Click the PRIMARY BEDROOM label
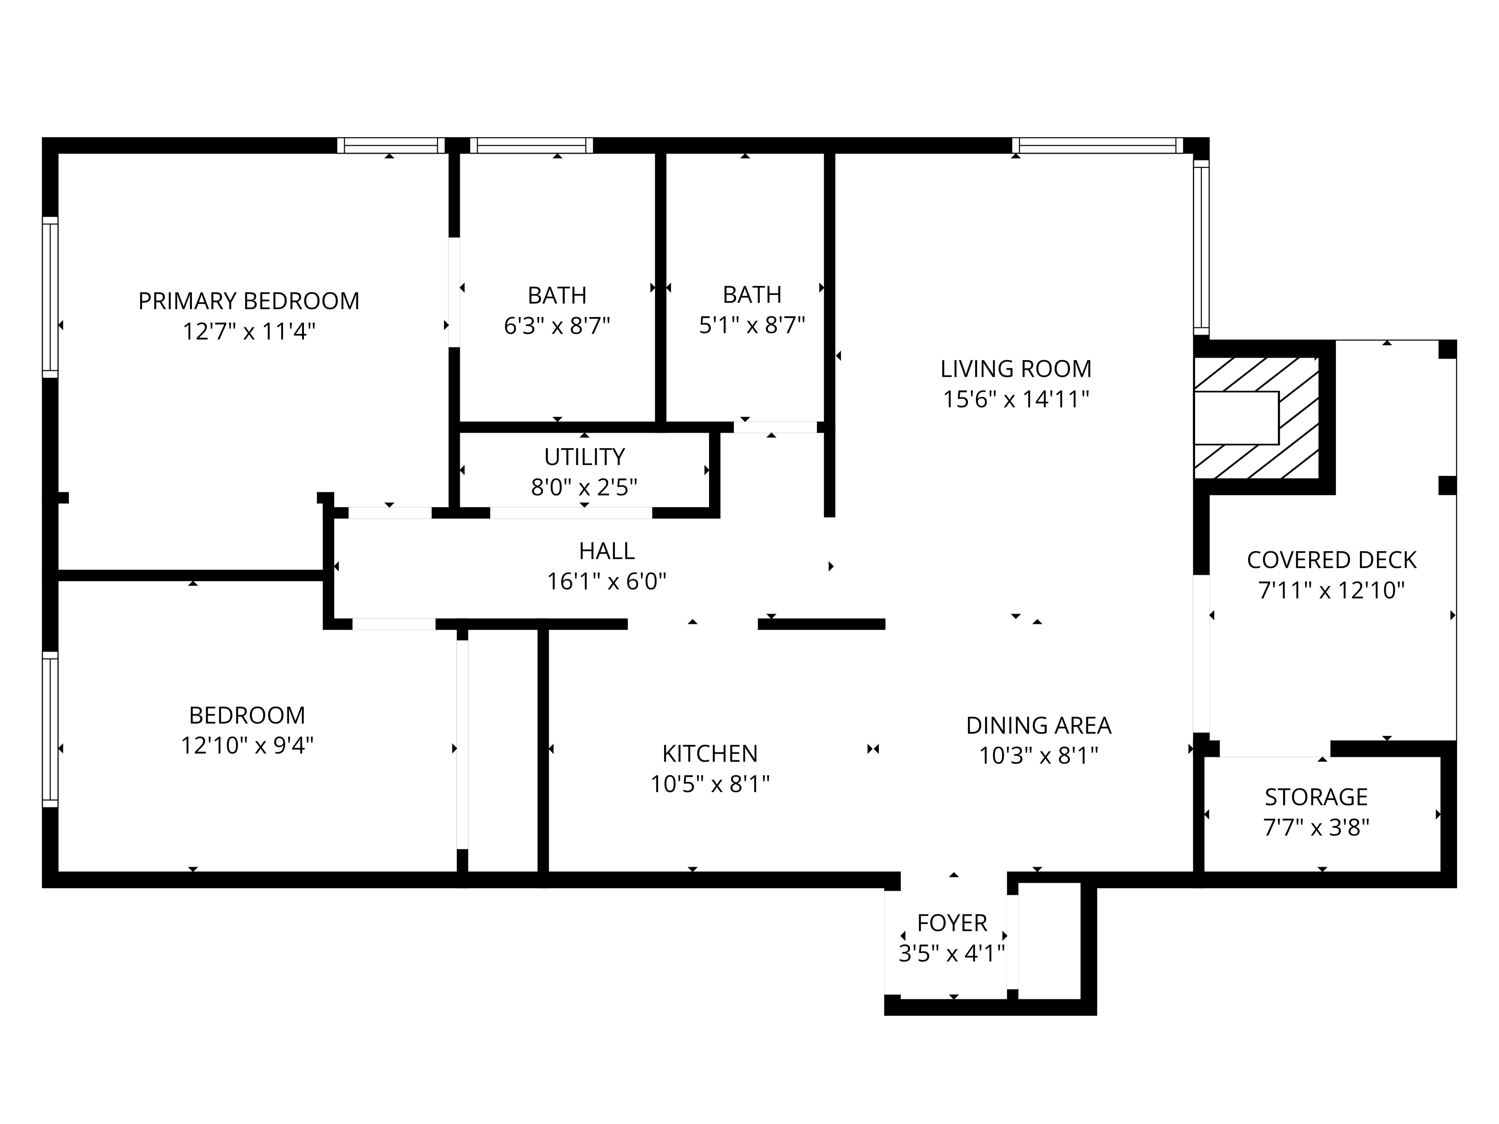(249, 301)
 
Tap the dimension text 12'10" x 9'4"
(247, 746)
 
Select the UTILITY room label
(584, 457)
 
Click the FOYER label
(952, 923)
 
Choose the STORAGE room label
(1316, 797)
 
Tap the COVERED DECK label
(1331, 560)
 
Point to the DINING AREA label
(1038, 726)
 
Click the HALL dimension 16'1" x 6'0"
(606, 581)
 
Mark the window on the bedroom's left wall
(50, 729)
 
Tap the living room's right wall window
(1201, 247)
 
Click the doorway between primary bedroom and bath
(454, 292)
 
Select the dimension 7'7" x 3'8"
(1316, 828)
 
